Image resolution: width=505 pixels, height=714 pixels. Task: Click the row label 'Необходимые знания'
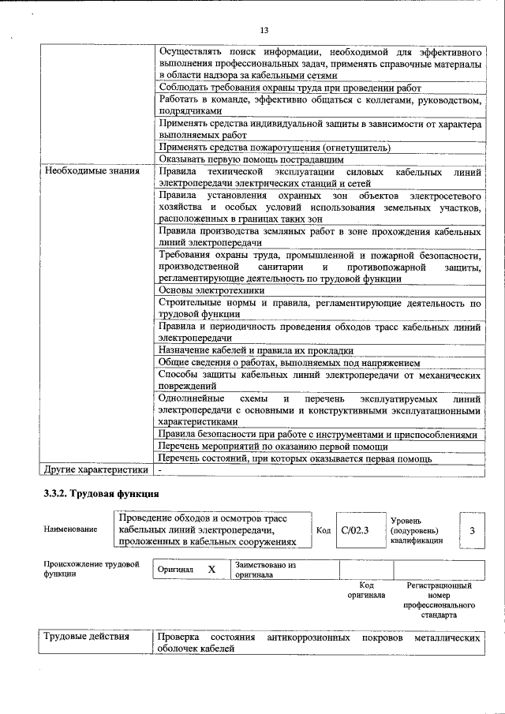click(92, 171)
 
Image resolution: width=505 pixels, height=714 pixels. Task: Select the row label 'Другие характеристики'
click(96, 470)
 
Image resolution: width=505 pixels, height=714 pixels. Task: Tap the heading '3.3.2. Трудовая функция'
click(101, 495)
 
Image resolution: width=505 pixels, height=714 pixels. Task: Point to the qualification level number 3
click(472, 531)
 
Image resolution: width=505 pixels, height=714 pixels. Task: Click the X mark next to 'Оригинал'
click(211, 569)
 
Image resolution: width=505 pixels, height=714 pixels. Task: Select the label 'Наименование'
click(72, 530)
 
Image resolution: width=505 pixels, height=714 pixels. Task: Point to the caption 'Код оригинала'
click(366, 590)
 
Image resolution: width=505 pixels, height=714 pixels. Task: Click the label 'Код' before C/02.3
click(323, 530)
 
